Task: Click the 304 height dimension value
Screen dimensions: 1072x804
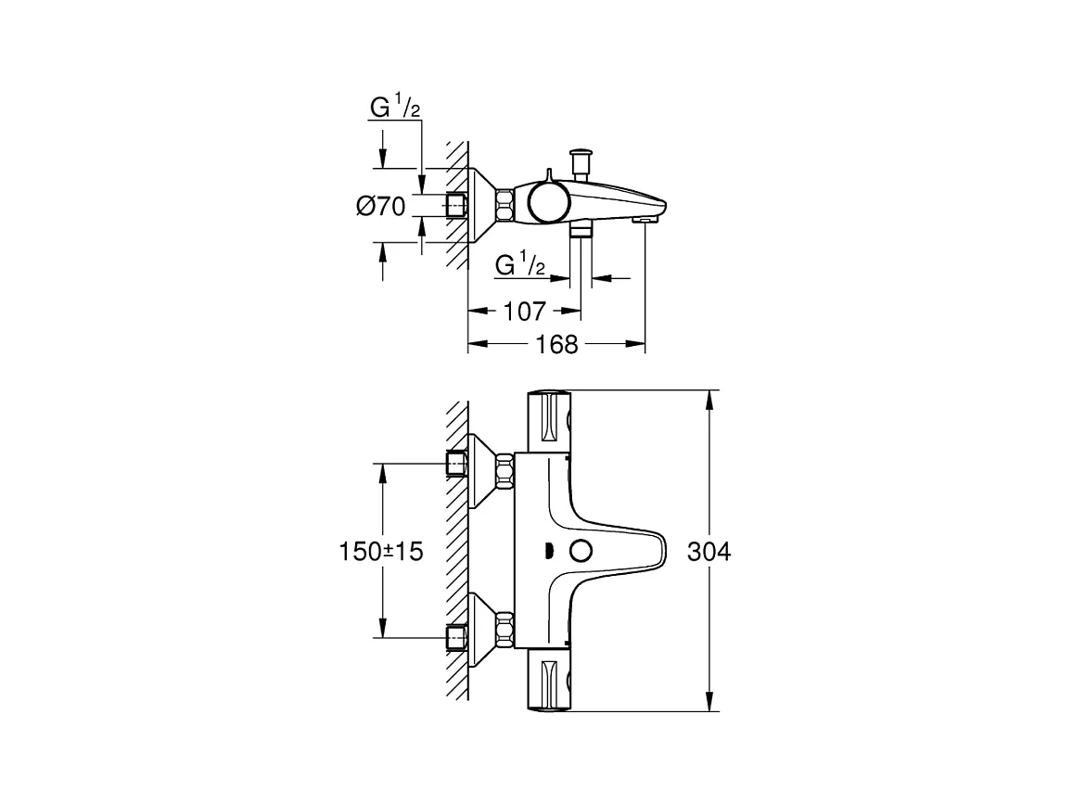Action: coord(709,552)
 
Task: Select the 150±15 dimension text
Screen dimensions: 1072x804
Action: coord(380,552)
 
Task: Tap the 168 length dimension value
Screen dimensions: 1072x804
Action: coord(556,345)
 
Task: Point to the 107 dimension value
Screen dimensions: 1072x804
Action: coord(525,312)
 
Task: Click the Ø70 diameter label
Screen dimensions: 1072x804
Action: coord(381,206)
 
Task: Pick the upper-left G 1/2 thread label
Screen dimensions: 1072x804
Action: coord(395,108)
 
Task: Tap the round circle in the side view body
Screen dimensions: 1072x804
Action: coord(547,202)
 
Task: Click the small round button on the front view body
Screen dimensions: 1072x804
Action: coord(582,551)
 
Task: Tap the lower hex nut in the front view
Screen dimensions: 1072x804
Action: coord(505,630)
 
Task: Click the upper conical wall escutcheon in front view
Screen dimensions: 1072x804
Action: coord(482,471)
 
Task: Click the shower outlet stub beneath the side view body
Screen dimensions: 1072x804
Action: coord(581,230)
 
